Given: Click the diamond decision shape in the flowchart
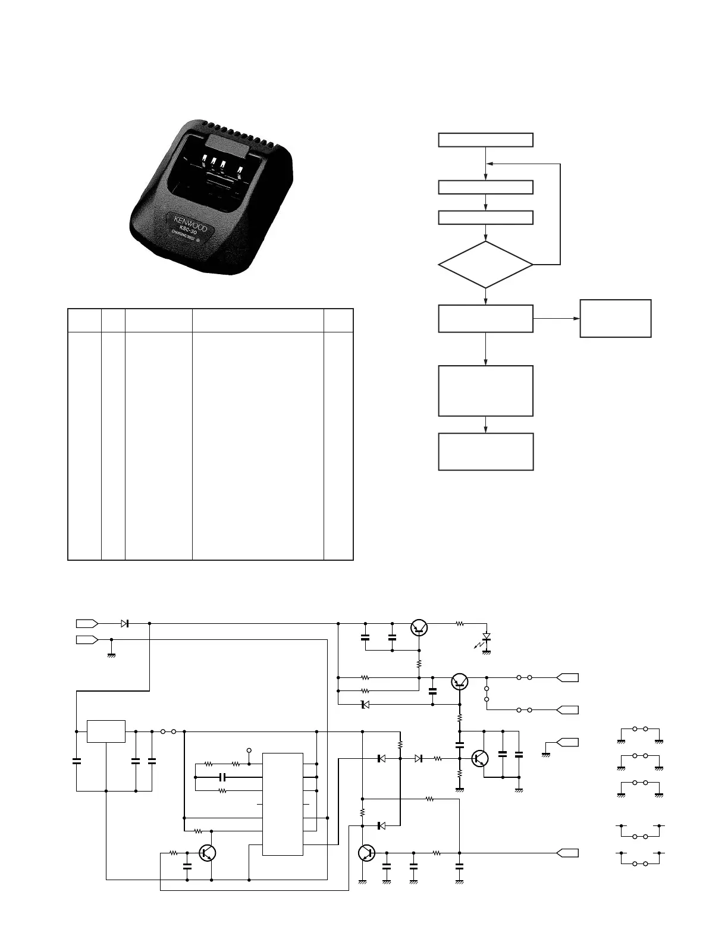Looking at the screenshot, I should click(485, 265).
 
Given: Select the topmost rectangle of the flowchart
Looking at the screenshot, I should click(485, 140).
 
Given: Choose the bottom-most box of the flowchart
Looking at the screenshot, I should click(485, 452).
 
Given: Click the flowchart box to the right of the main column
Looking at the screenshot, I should click(615, 319).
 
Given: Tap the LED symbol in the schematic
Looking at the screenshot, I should click(487, 638).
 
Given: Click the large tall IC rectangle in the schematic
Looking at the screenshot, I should click(283, 804).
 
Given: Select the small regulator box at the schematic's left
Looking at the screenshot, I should click(106, 731).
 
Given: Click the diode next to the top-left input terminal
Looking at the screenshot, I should click(125, 623).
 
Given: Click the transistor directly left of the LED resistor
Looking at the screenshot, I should click(420, 626).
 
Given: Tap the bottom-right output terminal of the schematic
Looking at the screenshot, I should click(567, 853).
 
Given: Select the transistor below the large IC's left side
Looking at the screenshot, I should click(208, 853).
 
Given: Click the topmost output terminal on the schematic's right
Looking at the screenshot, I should click(567, 677).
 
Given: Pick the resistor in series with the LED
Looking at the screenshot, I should click(459, 624).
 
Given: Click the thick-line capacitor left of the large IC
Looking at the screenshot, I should click(222, 777).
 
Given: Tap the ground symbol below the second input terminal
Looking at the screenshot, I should click(111, 654).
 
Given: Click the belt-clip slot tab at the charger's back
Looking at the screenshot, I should click(221, 143).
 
